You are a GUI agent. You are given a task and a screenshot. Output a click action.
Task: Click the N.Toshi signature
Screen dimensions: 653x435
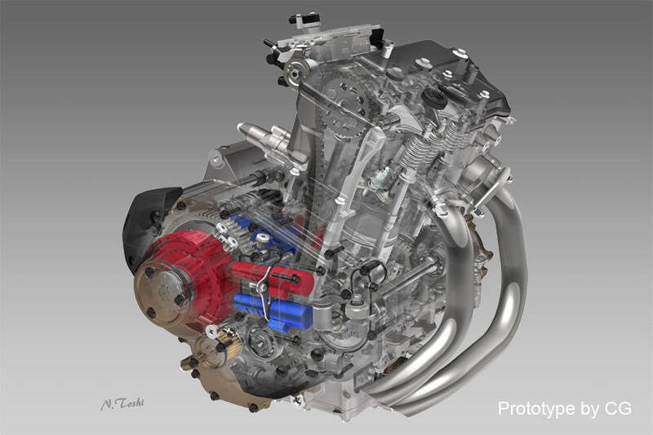point(122,403)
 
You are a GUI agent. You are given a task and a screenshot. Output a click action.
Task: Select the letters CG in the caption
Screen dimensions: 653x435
point(619,408)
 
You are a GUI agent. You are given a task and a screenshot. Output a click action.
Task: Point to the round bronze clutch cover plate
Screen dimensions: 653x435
point(162,291)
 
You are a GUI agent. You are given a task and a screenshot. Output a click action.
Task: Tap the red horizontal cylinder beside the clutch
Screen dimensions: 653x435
point(272,278)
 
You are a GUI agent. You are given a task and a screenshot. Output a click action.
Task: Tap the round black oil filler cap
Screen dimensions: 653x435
point(433,99)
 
